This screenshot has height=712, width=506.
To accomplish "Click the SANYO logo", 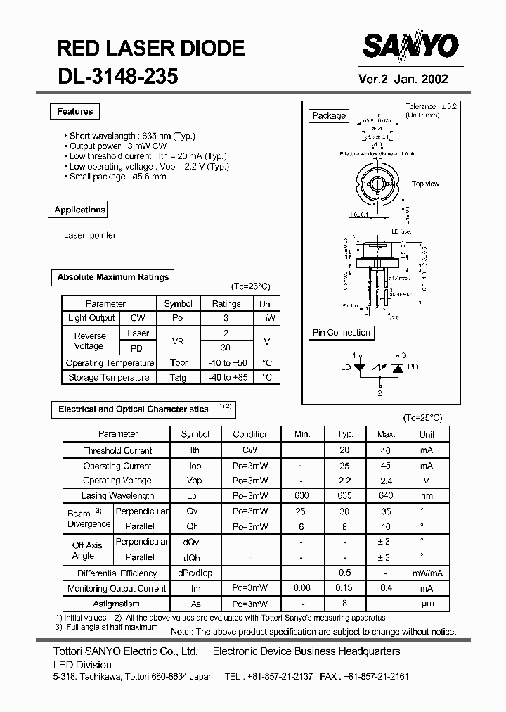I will [x=410, y=48].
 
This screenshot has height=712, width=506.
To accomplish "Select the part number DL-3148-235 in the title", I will [x=117, y=77].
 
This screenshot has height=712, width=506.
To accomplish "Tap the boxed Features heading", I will [x=75, y=112].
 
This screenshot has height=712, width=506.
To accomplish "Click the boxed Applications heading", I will [x=79, y=210].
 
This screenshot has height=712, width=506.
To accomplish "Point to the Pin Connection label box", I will [x=342, y=333].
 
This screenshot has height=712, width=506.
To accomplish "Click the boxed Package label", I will [x=329, y=116].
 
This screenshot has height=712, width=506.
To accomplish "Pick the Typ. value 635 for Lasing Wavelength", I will [x=344, y=496].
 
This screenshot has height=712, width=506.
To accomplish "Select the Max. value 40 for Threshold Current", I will [x=386, y=451].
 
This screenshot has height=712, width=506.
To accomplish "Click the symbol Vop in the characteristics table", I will [x=195, y=481].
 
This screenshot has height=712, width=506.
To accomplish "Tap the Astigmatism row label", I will [x=117, y=604].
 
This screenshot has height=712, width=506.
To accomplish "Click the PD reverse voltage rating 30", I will [x=226, y=348].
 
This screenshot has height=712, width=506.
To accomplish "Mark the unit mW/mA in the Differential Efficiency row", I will [x=427, y=573].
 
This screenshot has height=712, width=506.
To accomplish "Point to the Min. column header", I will [x=301, y=435].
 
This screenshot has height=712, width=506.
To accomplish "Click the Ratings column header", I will [x=226, y=304].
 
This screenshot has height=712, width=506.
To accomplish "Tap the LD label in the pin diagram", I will [x=346, y=367].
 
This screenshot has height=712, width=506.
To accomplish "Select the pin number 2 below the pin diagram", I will [x=379, y=393].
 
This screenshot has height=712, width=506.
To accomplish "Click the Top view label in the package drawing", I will [x=425, y=184].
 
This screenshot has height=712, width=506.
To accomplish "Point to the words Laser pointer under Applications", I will [x=90, y=235].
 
